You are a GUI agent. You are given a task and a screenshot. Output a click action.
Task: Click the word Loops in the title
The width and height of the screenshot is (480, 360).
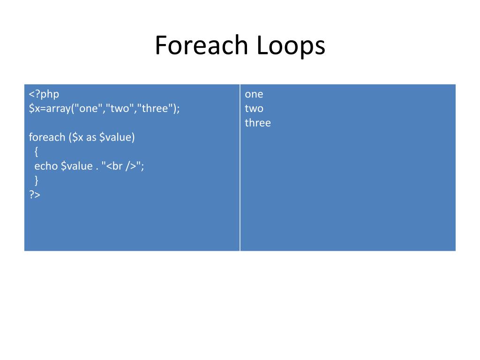291,46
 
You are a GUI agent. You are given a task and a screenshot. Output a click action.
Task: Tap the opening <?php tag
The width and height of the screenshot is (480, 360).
44,94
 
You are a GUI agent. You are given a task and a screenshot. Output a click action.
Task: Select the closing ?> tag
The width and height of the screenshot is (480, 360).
35,195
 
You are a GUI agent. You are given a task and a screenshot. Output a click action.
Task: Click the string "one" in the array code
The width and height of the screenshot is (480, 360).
91,109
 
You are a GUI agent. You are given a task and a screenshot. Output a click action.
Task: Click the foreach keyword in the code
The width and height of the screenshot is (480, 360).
47,137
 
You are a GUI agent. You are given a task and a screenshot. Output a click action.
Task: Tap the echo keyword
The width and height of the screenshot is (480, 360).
46,166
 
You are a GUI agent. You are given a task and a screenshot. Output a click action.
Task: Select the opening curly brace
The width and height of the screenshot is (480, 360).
36,151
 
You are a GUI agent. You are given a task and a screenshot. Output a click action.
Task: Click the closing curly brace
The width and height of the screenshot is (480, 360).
36,180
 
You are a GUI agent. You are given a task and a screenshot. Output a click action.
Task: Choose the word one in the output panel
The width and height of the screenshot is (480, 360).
254,94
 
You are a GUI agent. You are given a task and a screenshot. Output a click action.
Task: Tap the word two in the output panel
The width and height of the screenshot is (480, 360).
254,109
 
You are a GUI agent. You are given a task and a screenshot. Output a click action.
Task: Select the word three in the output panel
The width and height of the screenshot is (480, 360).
258,123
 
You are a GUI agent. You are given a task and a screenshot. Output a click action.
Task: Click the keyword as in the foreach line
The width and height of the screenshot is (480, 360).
91,137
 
